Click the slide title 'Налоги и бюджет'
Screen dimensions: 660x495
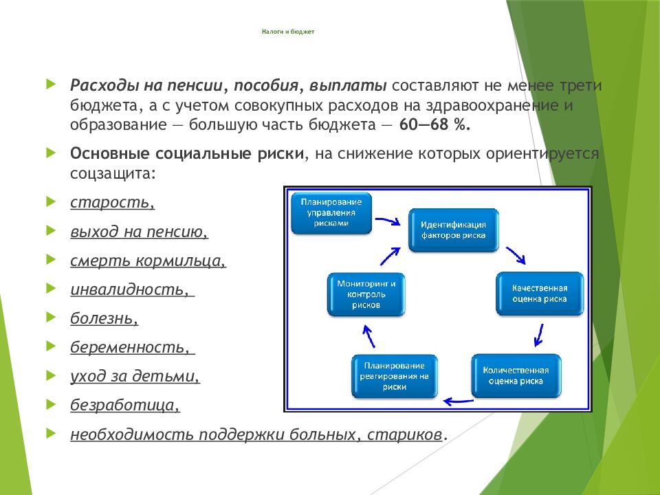288,32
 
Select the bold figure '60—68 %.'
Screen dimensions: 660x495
434,125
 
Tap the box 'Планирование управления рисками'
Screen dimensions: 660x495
331,213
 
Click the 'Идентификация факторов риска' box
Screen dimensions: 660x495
453,230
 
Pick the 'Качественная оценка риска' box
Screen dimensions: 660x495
540,294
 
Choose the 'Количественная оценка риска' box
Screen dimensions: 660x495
516,376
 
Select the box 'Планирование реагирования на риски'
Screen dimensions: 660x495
395,376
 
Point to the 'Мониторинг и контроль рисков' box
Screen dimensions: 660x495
366,294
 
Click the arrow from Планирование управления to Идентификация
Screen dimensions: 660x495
388,221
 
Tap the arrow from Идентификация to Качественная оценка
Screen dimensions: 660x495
516,255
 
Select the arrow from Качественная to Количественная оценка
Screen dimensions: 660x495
538,335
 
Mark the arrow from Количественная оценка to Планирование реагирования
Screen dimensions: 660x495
459,401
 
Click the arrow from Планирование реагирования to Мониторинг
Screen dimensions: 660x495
368,336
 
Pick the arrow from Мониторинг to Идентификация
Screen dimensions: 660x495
390,256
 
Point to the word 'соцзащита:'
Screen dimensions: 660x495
113,173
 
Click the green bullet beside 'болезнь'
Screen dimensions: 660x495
51,317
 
